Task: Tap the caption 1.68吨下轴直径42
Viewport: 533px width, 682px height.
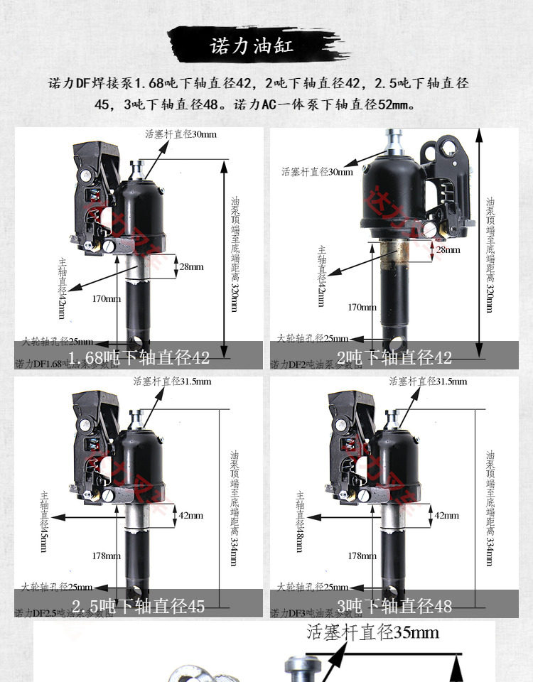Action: [139, 357]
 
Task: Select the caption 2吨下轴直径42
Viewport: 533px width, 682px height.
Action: [394, 357]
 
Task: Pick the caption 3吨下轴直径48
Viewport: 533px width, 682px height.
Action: [394, 606]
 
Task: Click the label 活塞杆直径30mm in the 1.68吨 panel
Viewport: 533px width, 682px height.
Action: [181, 134]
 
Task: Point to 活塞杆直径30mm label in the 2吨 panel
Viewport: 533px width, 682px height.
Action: [316, 171]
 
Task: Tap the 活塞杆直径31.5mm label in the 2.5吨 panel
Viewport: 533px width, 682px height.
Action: [172, 381]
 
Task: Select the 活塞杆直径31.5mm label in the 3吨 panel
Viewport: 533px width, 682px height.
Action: [428, 381]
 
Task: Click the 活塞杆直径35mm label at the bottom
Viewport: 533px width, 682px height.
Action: [372, 632]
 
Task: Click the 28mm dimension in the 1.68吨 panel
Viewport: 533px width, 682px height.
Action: [191, 266]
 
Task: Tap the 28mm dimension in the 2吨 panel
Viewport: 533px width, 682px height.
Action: [448, 249]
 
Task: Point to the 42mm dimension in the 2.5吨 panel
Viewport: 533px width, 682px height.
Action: [190, 515]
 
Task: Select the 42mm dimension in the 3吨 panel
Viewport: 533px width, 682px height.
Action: [446, 515]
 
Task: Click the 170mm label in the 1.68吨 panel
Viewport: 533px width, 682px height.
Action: [107, 298]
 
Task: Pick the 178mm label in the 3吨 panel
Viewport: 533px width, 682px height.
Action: [362, 556]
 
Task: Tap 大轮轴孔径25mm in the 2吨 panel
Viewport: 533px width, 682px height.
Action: [313, 338]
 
